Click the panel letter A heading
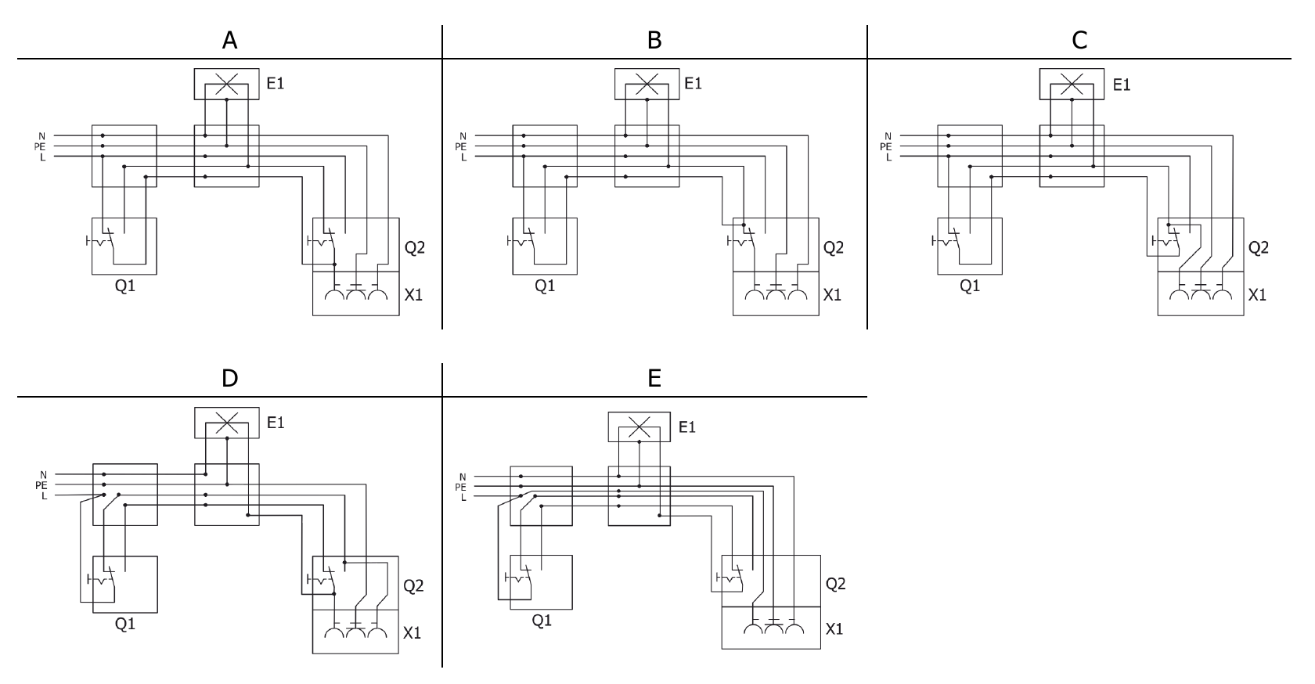point(229,41)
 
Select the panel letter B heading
point(654,41)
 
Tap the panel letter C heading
point(1079,41)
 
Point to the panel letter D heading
point(229,379)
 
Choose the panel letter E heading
point(654,379)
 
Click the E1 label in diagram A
point(276,83)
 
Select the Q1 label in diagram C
point(970,286)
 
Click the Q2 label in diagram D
point(413,585)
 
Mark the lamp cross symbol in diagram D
point(226,423)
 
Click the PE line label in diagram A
point(40,146)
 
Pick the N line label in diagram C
point(888,137)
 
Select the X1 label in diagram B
point(833,295)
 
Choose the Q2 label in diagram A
point(415,248)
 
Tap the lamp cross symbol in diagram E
point(639,427)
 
